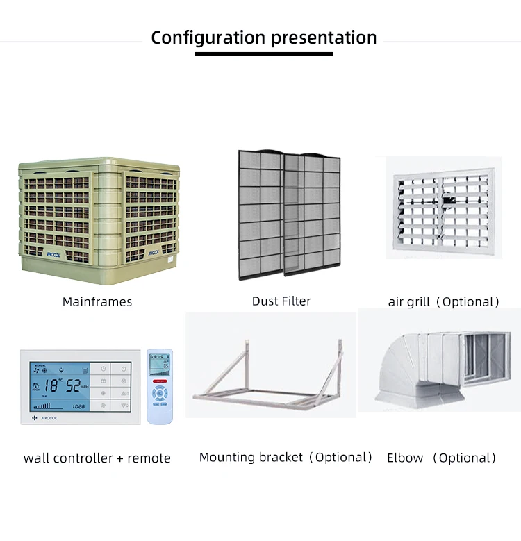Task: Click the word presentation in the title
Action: [324, 38]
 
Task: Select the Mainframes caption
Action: [97, 301]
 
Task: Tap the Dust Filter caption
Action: [281, 301]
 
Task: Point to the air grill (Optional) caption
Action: [444, 301]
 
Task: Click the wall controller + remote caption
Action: [97, 458]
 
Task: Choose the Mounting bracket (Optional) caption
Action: [286, 457]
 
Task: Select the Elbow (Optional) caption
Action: [442, 458]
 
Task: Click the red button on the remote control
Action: [160, 381]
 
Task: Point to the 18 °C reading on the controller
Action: [53, 385]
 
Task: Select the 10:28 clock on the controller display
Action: [78, 406]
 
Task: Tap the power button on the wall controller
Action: [123, 369]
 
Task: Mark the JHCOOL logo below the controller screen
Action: [49, 418]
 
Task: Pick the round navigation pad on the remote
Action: [160, 393]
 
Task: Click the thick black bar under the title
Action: [263, 53]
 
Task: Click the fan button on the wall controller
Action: [103, 405]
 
